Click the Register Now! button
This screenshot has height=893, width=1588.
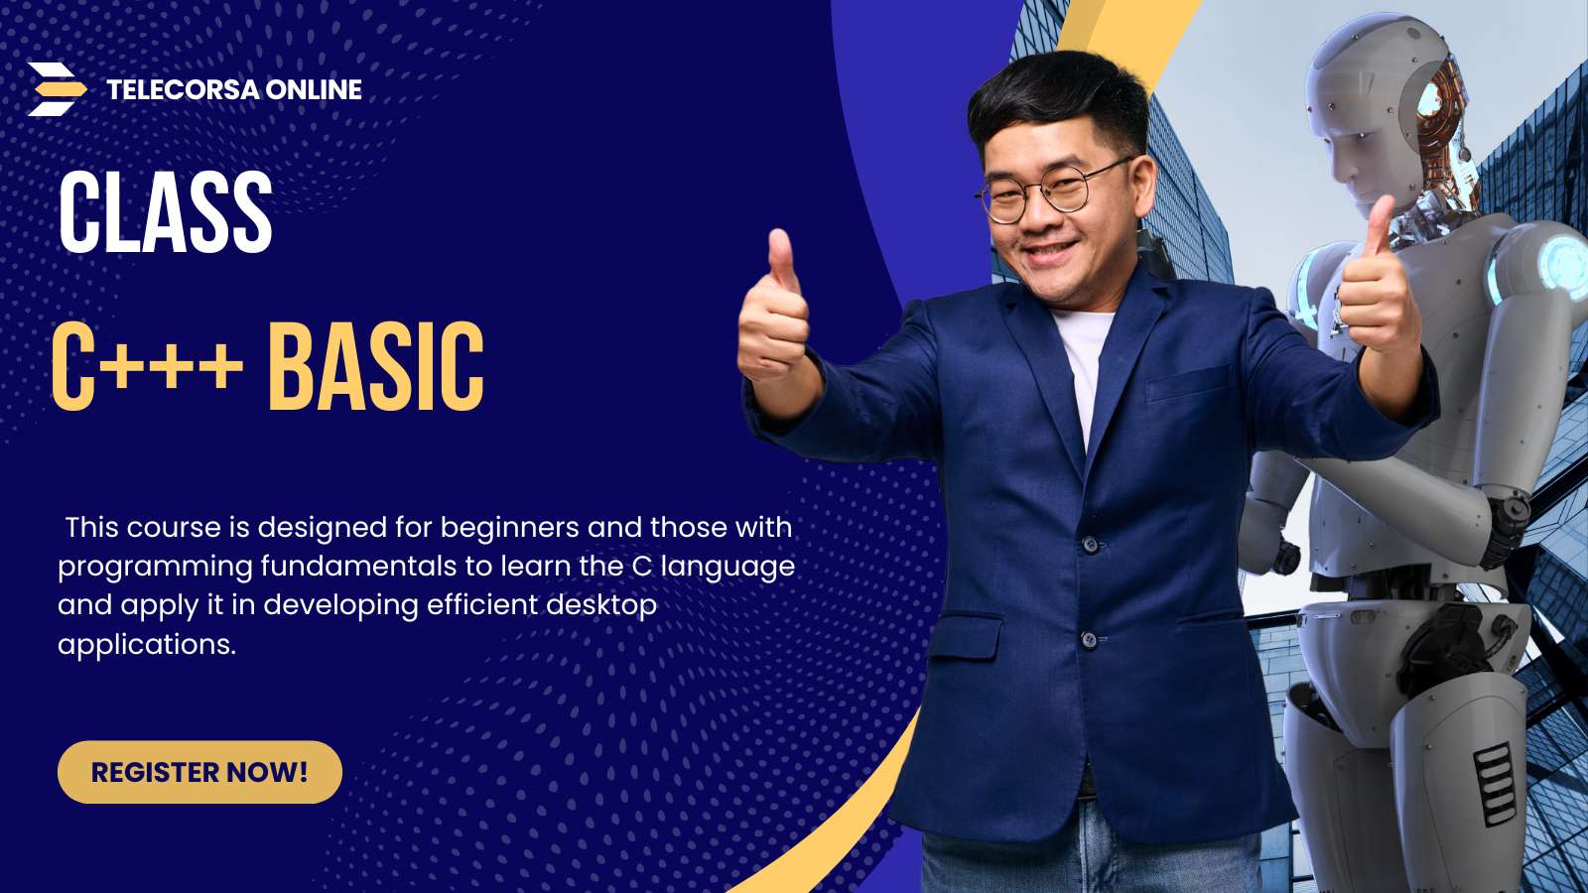point(199,772)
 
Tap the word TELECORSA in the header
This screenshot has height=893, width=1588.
point(183,90)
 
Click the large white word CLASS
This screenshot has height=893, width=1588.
point(165,212)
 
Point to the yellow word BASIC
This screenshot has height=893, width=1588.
point(376,366)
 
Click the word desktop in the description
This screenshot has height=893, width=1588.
point(601,606)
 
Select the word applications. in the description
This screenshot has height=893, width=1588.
point(147,645)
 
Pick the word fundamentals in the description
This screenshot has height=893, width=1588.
point(358,567)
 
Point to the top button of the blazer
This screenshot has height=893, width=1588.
point(1091,545)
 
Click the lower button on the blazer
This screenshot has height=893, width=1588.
point(1089,640)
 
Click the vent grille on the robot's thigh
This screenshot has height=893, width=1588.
point(1494,784)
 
